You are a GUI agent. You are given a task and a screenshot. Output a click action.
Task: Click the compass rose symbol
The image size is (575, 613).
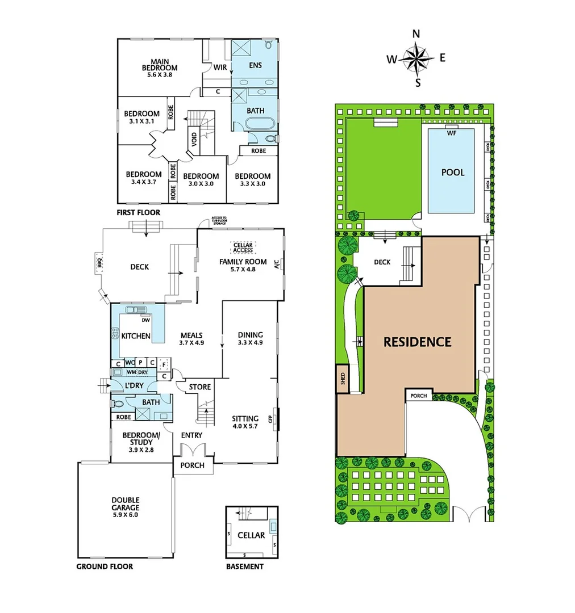416,58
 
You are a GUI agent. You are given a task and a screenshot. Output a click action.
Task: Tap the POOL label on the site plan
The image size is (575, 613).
453,172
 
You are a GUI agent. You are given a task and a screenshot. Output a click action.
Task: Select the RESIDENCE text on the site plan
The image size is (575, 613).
417,342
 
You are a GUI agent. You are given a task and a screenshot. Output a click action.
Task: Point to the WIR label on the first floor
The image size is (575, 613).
220,66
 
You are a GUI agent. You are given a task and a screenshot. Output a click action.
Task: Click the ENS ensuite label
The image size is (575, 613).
255,65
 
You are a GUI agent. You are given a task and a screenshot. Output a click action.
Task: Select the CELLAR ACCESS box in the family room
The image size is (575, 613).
243,247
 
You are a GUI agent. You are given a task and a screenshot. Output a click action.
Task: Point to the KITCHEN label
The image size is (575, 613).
136,336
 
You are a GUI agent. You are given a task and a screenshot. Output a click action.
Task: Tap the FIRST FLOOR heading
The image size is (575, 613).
139,212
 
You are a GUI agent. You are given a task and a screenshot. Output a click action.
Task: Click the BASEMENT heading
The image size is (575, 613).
244,566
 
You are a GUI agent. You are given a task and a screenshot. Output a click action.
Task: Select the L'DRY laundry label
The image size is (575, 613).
134,386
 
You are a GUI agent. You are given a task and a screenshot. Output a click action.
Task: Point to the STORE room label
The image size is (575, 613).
200,387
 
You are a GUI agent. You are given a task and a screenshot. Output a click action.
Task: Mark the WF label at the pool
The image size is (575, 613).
452,133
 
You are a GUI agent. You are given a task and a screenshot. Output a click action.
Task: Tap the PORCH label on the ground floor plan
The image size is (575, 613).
192,465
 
